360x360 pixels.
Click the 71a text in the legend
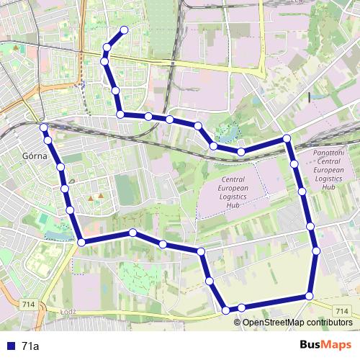[x=30, y=346]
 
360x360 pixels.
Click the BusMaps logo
[x=325, y=346]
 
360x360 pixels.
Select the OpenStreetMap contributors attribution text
[x=297, y=322]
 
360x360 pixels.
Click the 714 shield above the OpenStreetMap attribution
[x=343, y=311]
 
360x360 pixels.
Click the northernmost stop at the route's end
[x=125, y=30]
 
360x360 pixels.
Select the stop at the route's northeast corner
[x=287, y=138]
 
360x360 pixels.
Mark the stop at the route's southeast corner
[x=310, y=296]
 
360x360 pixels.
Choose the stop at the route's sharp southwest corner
[x=81, y=243]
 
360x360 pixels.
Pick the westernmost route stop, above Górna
[x=43, y=127]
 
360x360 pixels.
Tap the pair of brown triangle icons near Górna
[x=96, y=196]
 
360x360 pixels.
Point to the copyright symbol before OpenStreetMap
[x=238, y=322]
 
